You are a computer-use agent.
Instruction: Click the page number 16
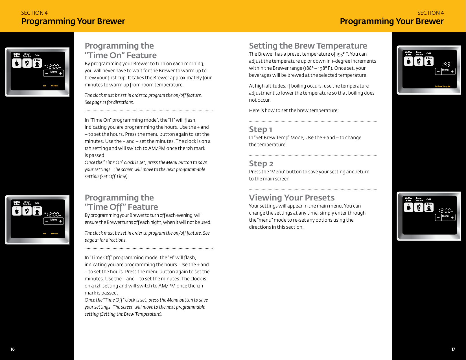12,349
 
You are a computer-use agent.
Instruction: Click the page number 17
453,349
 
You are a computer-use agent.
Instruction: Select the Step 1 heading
260,129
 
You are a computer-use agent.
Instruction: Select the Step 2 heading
261,163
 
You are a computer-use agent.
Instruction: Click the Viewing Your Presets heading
292,197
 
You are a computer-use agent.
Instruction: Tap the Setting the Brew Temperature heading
308,46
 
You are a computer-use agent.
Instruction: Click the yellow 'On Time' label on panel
54,86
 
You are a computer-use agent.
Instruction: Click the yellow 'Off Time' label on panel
54,234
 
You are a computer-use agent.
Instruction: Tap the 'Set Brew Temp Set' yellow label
442,86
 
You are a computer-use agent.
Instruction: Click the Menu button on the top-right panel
445,71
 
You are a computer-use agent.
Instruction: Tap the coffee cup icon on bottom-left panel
17,211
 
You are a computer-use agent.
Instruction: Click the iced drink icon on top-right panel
419,61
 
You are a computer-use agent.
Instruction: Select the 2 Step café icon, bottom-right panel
429,208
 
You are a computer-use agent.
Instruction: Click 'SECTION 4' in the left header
34,13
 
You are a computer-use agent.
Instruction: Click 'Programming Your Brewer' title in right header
391,21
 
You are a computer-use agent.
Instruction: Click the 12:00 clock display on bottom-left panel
53,214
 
